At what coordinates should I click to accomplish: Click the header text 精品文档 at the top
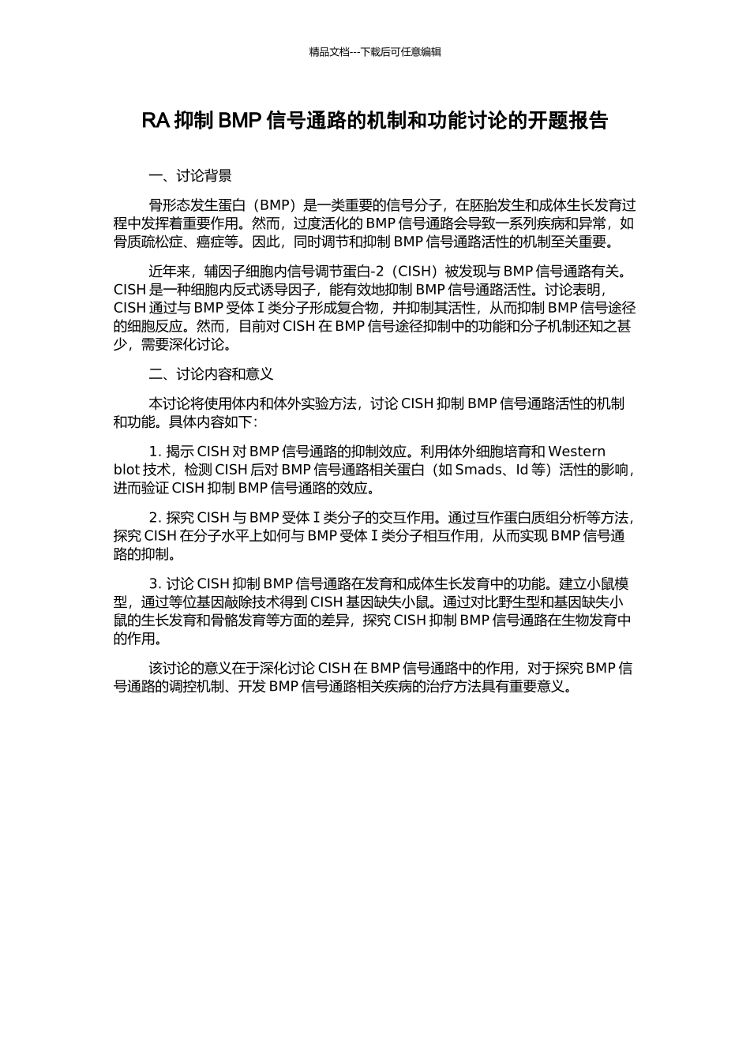[x=328, y=52]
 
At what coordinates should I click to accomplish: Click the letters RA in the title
[x=155, y=121]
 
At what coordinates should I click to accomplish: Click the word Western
[x=576, y=452]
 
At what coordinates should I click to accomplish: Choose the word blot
[x=127, y=470]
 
